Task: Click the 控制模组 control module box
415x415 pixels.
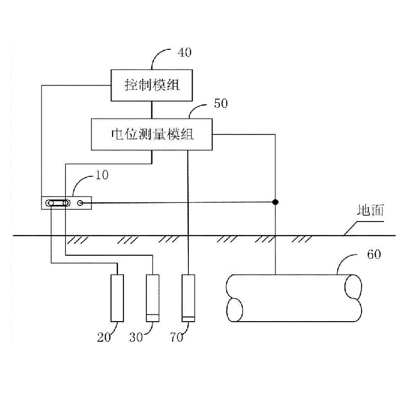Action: click(151, 85)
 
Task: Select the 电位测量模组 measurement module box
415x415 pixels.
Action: click(152, 135)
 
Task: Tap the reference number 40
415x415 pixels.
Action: click(184, 52)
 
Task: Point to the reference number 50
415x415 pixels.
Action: click(220, 103)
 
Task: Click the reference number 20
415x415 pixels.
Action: click(104, 337)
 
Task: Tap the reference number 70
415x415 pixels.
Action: click(176, 337)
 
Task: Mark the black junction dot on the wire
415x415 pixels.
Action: click(276, 201)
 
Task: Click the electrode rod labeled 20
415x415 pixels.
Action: click(118, 298)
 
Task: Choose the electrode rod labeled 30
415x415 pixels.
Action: click(153, 298)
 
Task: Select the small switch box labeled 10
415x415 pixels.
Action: click(66, 203)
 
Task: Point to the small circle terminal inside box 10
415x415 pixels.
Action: click(80, 203)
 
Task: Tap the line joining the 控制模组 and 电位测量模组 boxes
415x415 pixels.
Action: click(151, 109)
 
